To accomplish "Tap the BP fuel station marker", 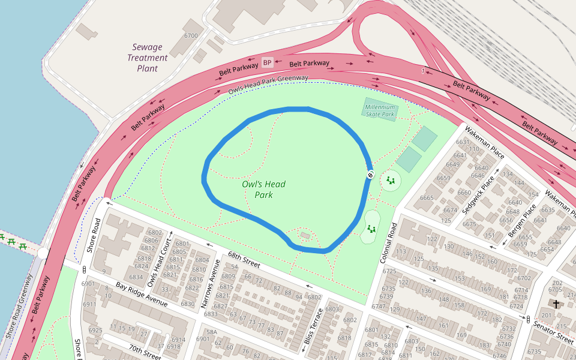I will (x=267, y=62).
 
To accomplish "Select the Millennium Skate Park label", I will (x=380, y=110).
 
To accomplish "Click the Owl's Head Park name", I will (x=263, y=190).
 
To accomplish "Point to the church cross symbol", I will (x=556, y=304).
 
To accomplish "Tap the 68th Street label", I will (x=243, y=259).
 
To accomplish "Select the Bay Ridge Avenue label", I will (x=142, y=294).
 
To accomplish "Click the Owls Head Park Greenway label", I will (x=268, y=85).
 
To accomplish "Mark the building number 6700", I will (x=191, y=36).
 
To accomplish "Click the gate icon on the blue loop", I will (x=370, y=175).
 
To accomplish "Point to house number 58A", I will (x=211, y=332).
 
